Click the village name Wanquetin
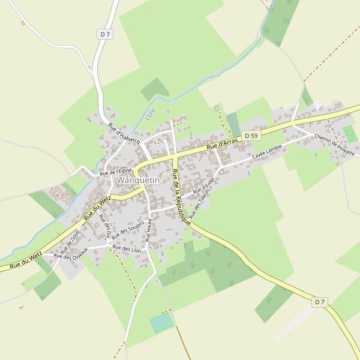[x=138, y=180]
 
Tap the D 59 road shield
[x=251, y=136]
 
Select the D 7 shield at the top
[x=105, y=34]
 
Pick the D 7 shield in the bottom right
[x=320, y=302]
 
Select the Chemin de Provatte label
[x=334, y=145]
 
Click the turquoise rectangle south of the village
[x=161, y=323]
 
